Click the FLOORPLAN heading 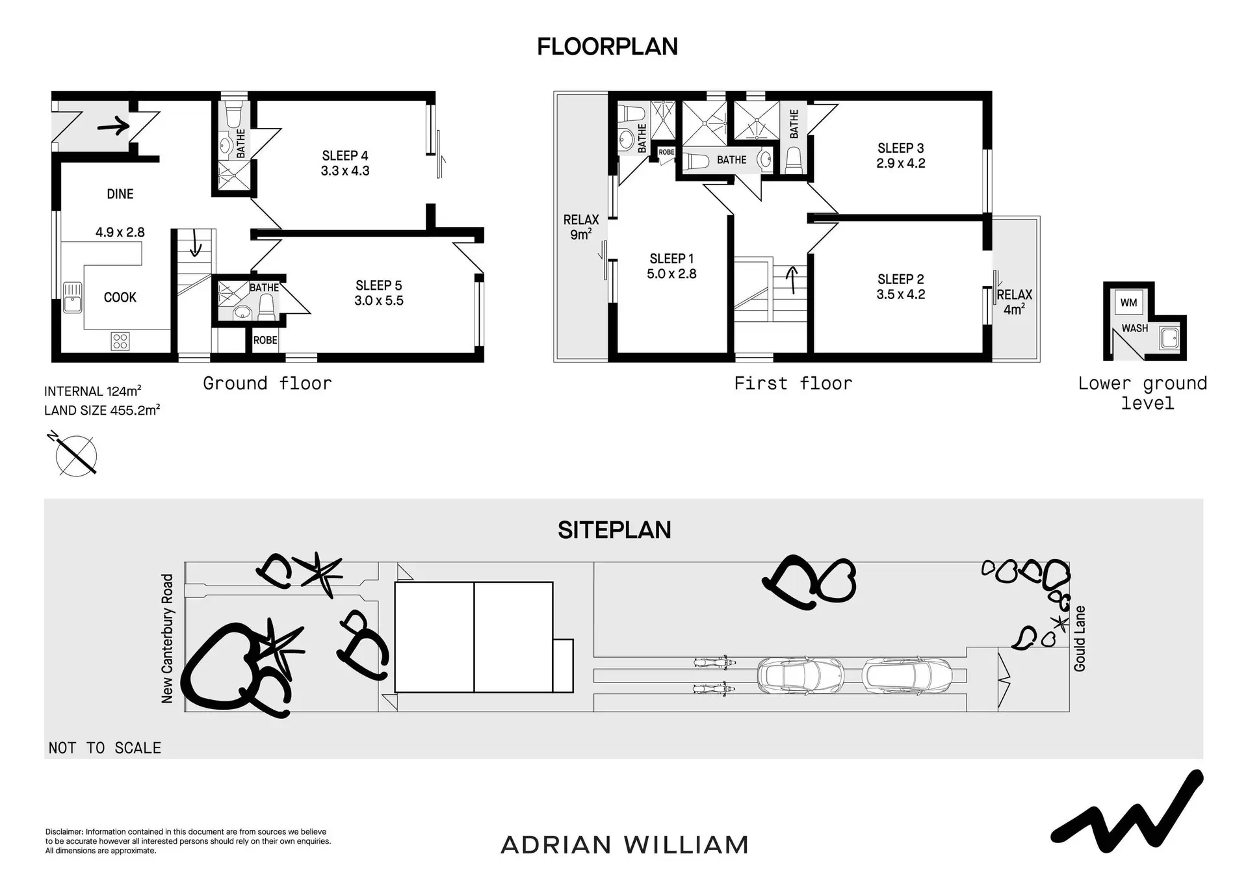(607, 47)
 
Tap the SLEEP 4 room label (345, 156)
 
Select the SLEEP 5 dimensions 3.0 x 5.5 (379, 301)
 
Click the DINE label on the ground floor (120, 194)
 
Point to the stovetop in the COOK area (120, 341)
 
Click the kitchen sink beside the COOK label (72, 298)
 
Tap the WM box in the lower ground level (1128, 303)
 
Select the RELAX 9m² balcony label (581, 227)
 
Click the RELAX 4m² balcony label (1014, 302)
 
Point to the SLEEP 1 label (671, 259)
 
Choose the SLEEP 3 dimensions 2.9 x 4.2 (901, 164)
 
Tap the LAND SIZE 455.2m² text (102, 411)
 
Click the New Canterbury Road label (167, 638)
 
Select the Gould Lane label (1080, 639)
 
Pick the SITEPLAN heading (614, 530)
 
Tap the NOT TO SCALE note (105, 748)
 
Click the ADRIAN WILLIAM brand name (625, 845)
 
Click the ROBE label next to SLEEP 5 (265, 341)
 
